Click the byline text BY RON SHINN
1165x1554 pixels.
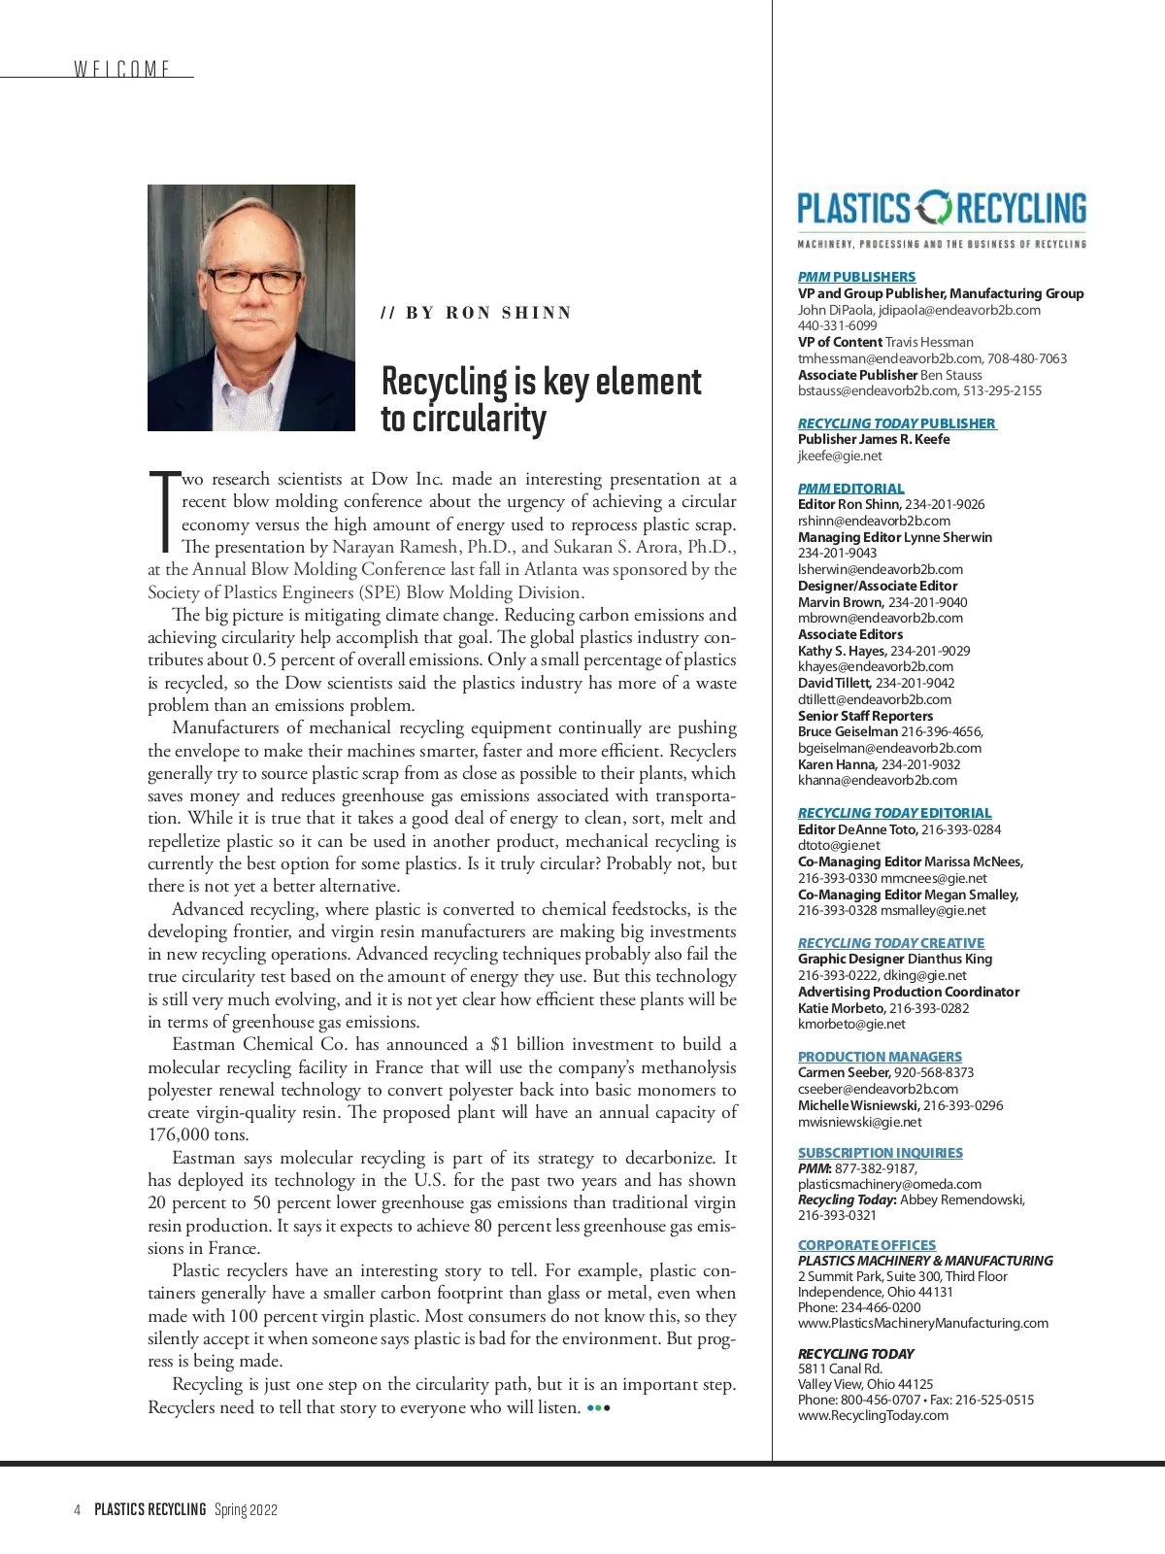click(x=477, y=313)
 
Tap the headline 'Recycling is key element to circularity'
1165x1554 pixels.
click(x=541, y=399)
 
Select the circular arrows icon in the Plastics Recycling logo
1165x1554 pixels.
click(x=935, y=208)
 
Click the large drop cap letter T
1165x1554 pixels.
click(x=163, y=509)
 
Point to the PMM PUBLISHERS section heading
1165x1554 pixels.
click(x=856, y=277)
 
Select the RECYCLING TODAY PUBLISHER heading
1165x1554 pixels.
click(x=896, y=423)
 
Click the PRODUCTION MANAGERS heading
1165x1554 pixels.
click(x=880, y=1057)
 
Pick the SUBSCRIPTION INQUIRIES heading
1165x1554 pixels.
click(x=881, y=1153)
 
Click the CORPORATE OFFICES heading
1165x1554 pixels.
click(x=867, y=1245)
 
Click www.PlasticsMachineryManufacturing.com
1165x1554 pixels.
click(x=922, y=1323)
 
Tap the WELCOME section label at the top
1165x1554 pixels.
click(x=122, y=69)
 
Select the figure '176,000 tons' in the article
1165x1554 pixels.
click(x=198, y=1134)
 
